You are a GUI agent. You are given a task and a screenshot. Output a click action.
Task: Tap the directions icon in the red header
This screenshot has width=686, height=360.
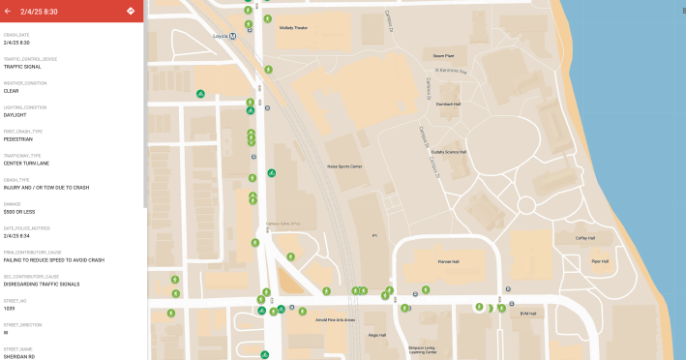131,12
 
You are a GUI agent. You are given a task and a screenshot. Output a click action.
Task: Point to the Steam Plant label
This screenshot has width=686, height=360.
444,56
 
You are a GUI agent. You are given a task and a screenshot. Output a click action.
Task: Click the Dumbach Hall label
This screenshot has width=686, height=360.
448,104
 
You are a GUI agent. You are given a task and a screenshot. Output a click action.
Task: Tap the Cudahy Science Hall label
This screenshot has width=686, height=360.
449,152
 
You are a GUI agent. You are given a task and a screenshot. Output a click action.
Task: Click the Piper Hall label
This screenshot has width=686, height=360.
600,260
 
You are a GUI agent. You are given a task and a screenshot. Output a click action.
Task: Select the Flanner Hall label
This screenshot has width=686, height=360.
447,260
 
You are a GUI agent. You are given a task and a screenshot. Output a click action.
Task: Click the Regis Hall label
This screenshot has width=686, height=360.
376,335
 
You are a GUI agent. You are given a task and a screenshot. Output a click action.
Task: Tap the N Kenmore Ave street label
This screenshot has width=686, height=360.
451,71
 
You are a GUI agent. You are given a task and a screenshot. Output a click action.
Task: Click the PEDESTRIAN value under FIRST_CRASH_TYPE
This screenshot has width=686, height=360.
18,139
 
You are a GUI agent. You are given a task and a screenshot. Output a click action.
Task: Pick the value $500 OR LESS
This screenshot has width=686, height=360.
21,211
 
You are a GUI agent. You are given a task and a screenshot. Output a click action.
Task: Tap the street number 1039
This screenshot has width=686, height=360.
10,308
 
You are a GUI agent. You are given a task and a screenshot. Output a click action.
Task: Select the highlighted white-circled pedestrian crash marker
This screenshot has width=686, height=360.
479,307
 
